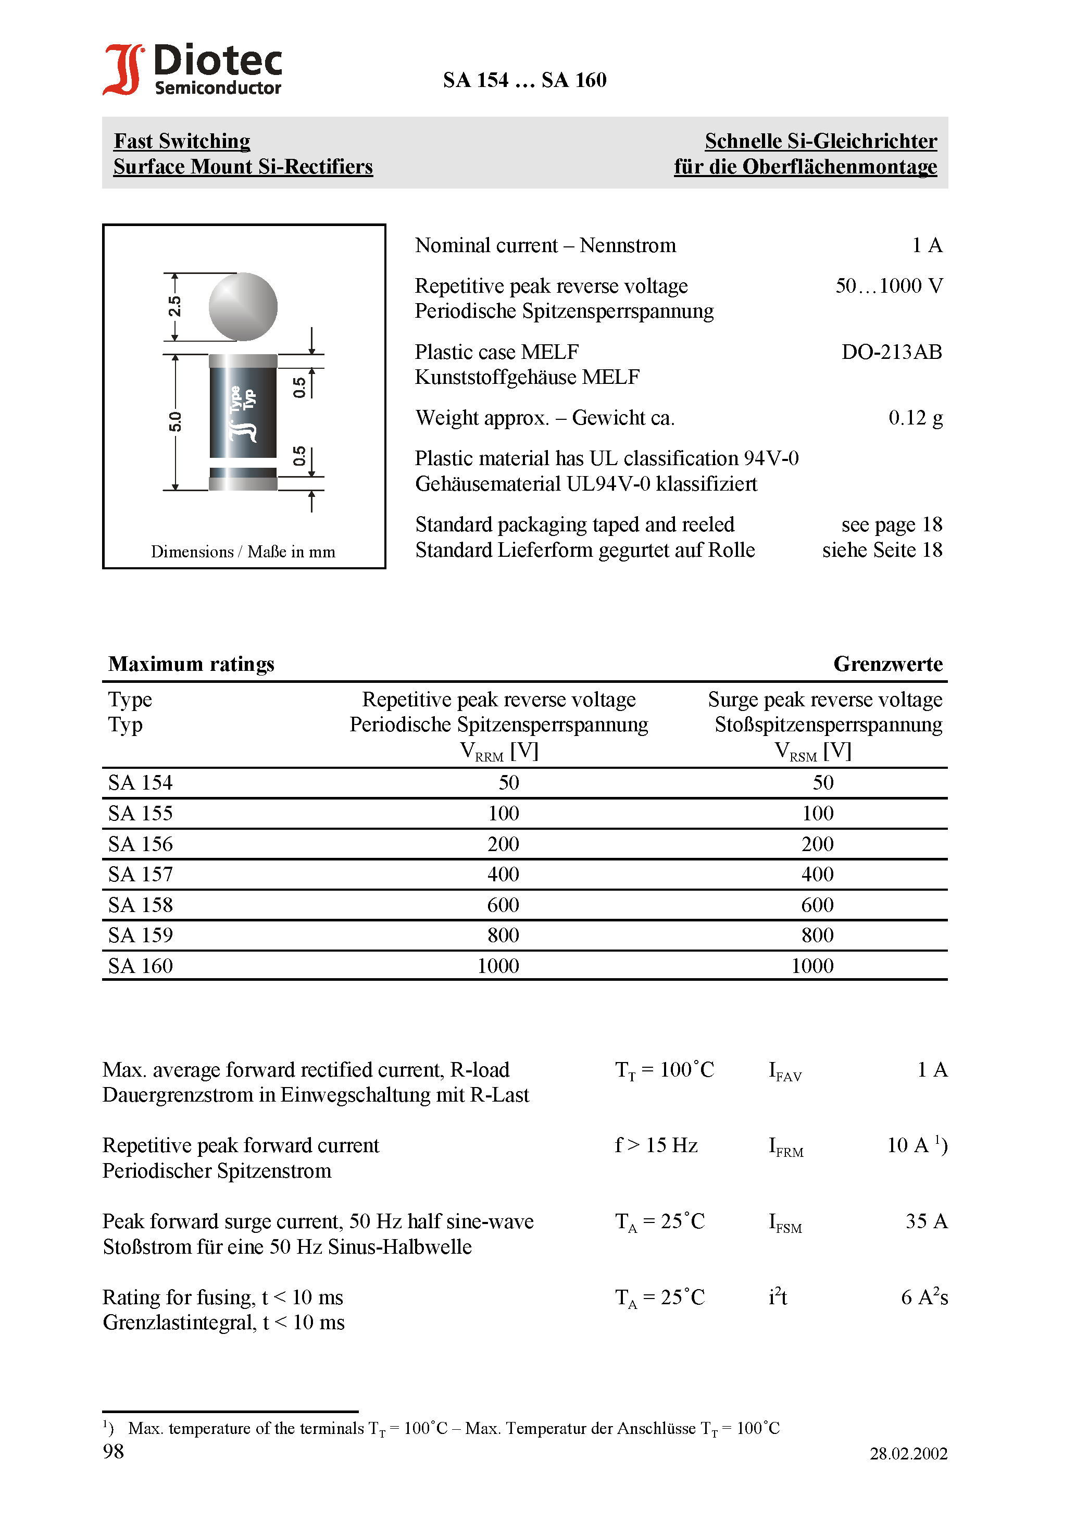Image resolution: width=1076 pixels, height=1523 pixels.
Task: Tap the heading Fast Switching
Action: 182,141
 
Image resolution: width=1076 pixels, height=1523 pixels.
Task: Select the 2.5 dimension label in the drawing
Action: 174,306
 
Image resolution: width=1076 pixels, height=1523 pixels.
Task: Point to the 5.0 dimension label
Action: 174,421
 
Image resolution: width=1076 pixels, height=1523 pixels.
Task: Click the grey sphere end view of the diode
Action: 243,306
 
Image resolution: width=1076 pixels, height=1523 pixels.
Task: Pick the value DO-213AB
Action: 891,352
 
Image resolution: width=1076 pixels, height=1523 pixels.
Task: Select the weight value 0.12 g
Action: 915,418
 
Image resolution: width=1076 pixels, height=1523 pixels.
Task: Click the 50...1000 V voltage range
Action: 889,286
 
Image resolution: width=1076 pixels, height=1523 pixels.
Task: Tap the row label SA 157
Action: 140,874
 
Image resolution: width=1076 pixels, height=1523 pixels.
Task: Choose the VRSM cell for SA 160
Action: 812,966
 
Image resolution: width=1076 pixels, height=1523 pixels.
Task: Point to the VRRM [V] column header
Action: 499,752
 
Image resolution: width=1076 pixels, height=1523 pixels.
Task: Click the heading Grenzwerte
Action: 887,664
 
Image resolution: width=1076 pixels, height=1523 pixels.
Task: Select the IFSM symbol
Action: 785,1222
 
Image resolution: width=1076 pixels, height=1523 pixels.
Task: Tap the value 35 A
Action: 926,1221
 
